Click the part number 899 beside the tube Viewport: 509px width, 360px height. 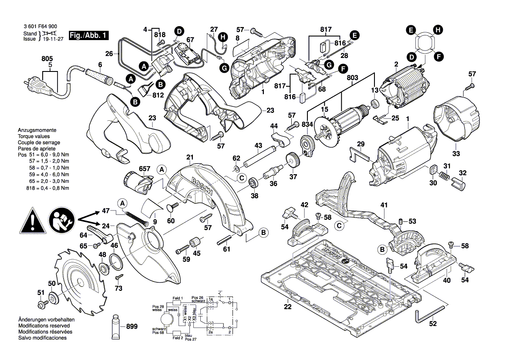tap(132, 326)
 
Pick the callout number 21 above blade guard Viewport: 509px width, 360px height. tap(189, 157)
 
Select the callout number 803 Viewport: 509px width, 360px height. tap(353, 77)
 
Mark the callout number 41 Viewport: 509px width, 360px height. tap(383, 205)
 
